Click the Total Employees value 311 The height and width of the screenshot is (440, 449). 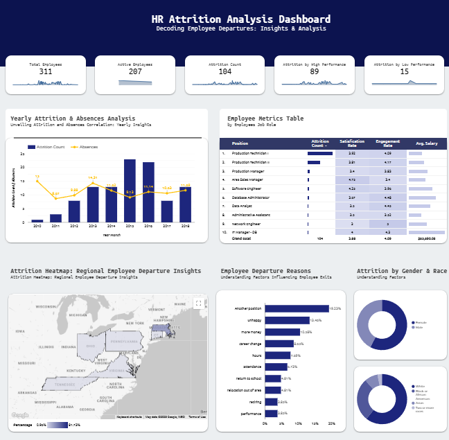tap(46, 71)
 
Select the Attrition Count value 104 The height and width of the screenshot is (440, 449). tap(225, 71)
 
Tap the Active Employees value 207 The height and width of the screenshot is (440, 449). tap(135, 71)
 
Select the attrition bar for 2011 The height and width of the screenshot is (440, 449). tap(55, 218)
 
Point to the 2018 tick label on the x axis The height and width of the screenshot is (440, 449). tap(185, 226)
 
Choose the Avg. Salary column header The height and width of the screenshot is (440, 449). tap(426, 143)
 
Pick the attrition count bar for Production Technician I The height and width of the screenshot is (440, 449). tap(320, 153)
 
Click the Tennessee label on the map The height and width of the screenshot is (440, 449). tap(65, 385)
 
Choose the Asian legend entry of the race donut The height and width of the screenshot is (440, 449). tap(420, 403)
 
